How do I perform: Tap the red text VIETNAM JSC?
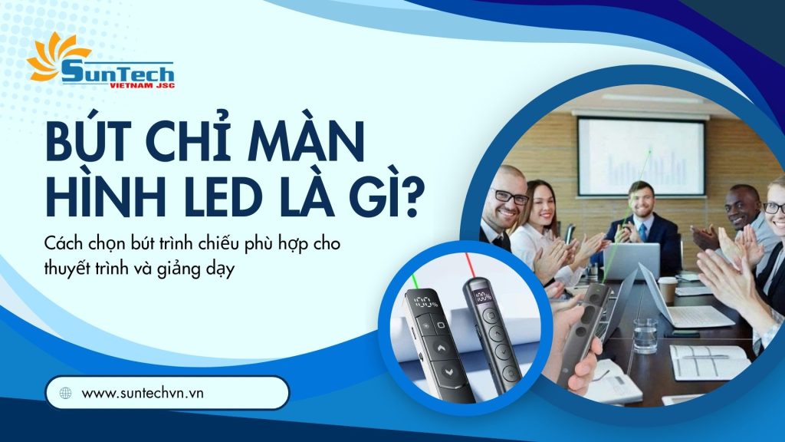click(x=142, y=86)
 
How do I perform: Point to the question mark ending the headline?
click(x=406, y=199)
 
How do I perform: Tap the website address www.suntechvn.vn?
click(x=143, y=393)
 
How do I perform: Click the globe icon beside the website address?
click(x=66, y=393)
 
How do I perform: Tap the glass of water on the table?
click(x=645, y=335)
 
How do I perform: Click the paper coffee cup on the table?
click(x=667, y=290)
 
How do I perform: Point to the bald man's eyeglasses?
click(x=511, y=197)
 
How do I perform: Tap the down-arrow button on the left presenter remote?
click(x=448, y=371)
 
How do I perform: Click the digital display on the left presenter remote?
click(x=425, y=302)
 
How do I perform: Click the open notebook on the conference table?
click(x=710, y=361)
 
